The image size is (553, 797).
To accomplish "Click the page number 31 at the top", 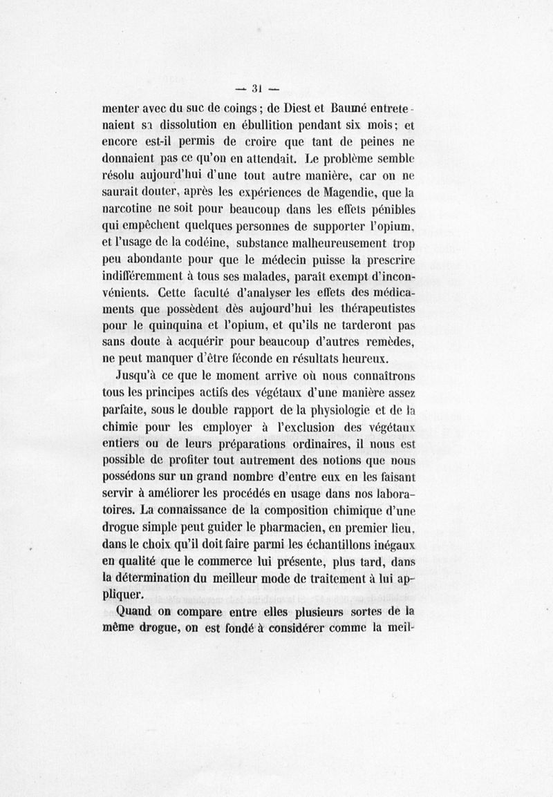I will pyautogui.click(x=255, y=88).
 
